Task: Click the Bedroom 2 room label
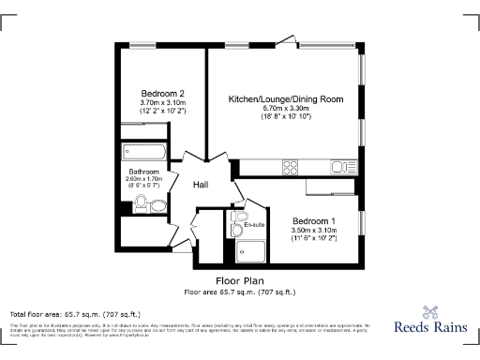[x=162, y=93]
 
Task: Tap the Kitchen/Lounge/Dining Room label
[x=286, y=98]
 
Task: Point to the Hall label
[x=201, y=185]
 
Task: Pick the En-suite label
[x=254, y=225]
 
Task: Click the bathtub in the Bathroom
[x=144, y=153]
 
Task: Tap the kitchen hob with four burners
[x=290, y=168]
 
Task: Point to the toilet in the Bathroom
[x=157, y=206]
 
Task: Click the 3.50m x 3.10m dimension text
[x=313, y=231]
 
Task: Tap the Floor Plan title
[x=239, y=280]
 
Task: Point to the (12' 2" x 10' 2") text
[x=162, y=112]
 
